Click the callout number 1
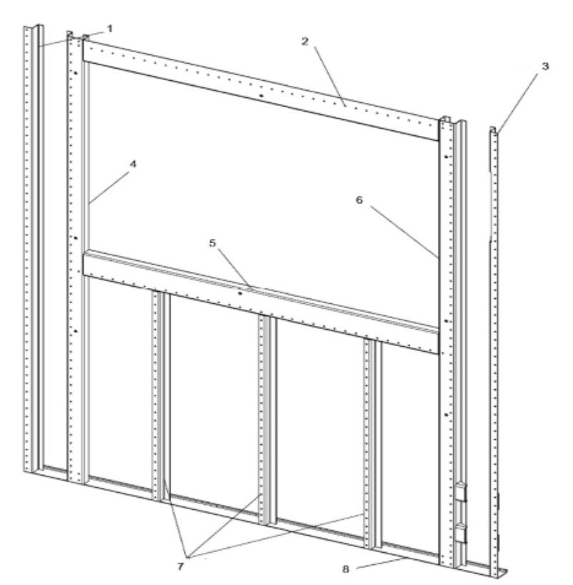109,29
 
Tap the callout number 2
305,41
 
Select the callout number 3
545,67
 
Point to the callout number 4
133,164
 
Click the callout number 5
212,243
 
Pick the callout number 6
359,200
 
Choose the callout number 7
180,566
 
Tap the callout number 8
346,569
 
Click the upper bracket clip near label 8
461,492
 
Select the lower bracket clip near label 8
461,533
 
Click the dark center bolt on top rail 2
261,96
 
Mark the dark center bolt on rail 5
240,294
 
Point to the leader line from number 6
405,232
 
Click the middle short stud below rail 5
267,421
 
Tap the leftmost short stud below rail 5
161,395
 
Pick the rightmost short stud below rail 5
373,444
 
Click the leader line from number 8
381,564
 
